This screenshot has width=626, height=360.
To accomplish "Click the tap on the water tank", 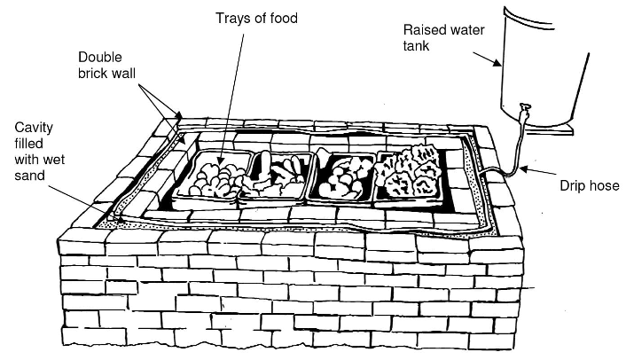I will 524,113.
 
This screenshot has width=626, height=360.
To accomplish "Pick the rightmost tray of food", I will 410,174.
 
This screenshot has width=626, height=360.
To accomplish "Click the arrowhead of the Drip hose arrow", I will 523,168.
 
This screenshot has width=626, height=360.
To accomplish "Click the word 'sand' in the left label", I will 30,176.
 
